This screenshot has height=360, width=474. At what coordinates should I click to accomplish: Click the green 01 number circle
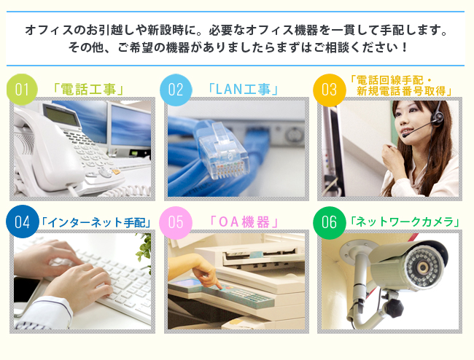point(22,90)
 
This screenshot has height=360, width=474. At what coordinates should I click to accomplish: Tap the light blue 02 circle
point(176,90)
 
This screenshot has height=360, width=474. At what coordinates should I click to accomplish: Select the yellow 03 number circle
point(329,90)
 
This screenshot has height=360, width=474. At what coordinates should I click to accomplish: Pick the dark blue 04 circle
point(22,222)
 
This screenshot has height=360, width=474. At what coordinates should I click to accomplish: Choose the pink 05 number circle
point(176,222)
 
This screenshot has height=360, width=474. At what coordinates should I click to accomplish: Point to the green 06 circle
point(329,222)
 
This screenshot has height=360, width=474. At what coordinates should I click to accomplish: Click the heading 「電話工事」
point(88,90)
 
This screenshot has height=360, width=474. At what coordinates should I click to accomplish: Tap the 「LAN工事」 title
point(243,90)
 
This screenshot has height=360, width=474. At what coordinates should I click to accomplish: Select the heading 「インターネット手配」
point(96,222)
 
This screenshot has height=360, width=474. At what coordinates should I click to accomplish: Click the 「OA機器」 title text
point(244,222)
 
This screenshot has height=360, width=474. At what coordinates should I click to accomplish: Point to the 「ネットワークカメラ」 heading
point(405,222)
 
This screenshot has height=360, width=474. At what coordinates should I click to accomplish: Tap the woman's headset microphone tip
point(404,136)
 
